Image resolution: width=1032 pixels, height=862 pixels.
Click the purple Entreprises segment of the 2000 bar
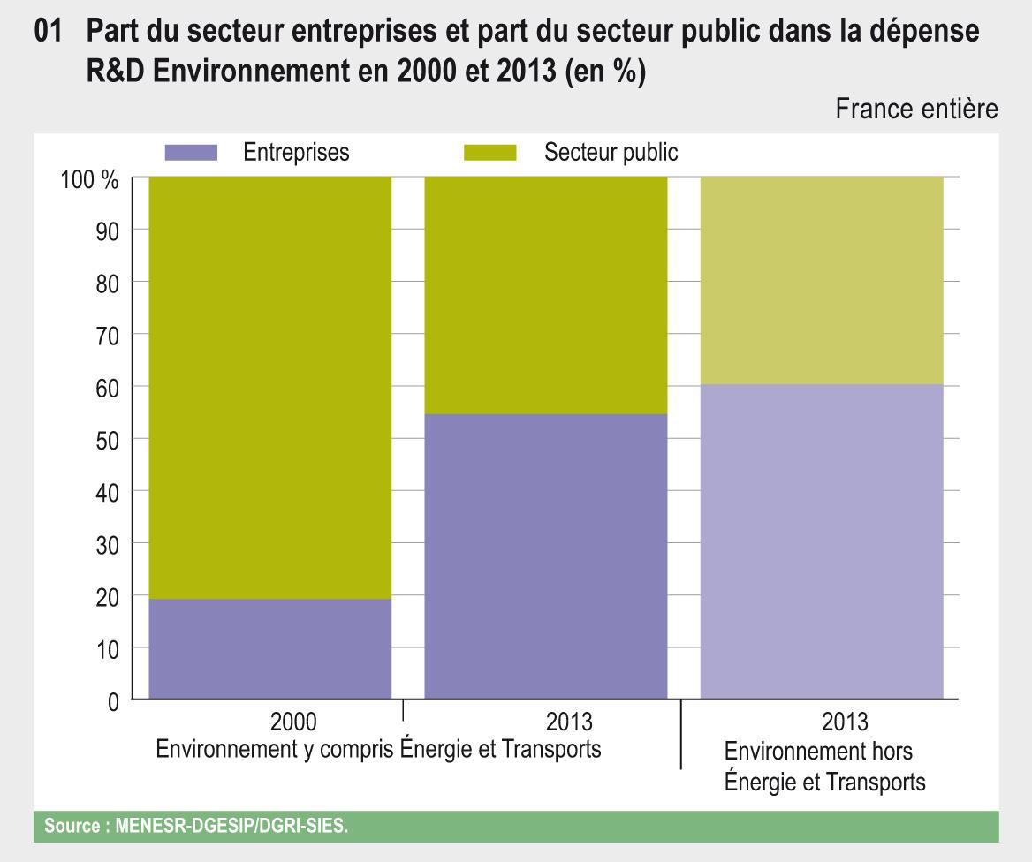click(269, 648)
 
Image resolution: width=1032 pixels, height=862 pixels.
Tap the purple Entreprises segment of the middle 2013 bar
click(545, 556)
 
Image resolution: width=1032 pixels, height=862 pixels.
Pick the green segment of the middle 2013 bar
click(545, 295)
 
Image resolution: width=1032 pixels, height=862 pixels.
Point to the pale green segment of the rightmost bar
click(822, 280)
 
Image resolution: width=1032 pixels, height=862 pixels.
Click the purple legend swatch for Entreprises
click(191, 153)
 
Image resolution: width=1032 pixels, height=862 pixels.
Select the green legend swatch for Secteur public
click(489, 153)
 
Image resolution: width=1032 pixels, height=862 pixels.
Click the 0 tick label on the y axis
click(112, 702)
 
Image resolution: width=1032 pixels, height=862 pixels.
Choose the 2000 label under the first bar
click(293, 722)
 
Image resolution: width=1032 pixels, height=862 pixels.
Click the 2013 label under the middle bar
click(569, 722)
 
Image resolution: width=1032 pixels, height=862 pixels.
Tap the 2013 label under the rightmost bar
click(845, 722)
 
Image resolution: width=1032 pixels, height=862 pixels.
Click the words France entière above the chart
click(916, 109)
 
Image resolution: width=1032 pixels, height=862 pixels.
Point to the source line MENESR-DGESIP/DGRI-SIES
click(203, 828)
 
